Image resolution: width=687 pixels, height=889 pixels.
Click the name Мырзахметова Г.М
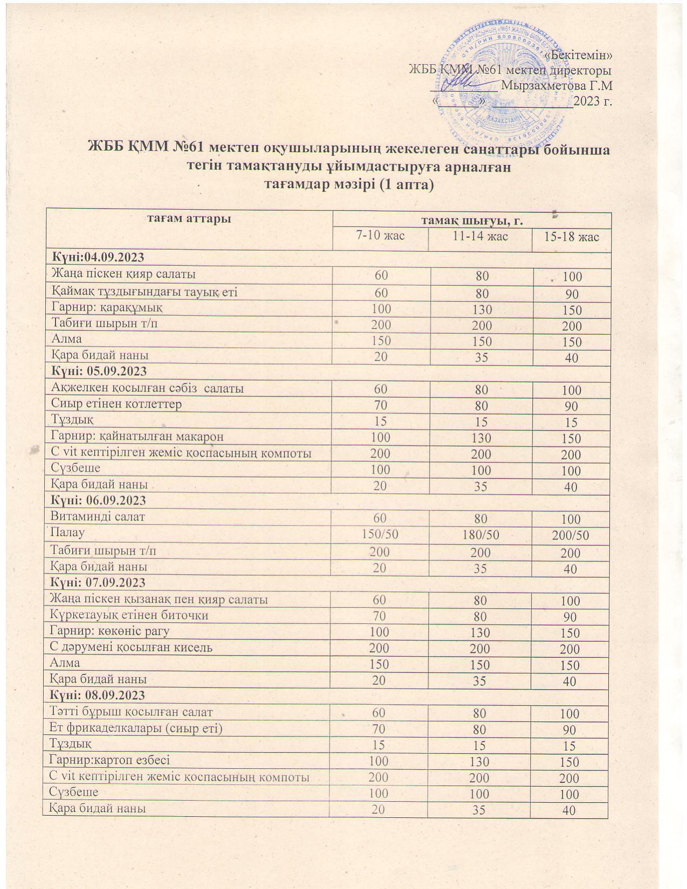click(x=557, y=86)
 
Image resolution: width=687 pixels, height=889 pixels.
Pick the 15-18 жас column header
click(x=572, y=237)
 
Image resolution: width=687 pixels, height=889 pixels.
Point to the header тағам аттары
click(x=189, y=218)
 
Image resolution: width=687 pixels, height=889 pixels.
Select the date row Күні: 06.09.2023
click(x=98, y=500)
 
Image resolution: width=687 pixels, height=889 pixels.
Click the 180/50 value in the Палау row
click(x=479, y=535)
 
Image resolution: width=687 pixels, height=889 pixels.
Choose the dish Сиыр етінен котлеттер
click(x=116, y=404)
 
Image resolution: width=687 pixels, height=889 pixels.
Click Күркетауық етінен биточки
click(x=129, y=615)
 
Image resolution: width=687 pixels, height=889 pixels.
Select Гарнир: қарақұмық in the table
click(x=106, y=307)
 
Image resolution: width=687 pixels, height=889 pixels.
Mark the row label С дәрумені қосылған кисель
click(x=131, y=647)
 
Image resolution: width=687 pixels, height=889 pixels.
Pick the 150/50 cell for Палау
click(x=380, y=535)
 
